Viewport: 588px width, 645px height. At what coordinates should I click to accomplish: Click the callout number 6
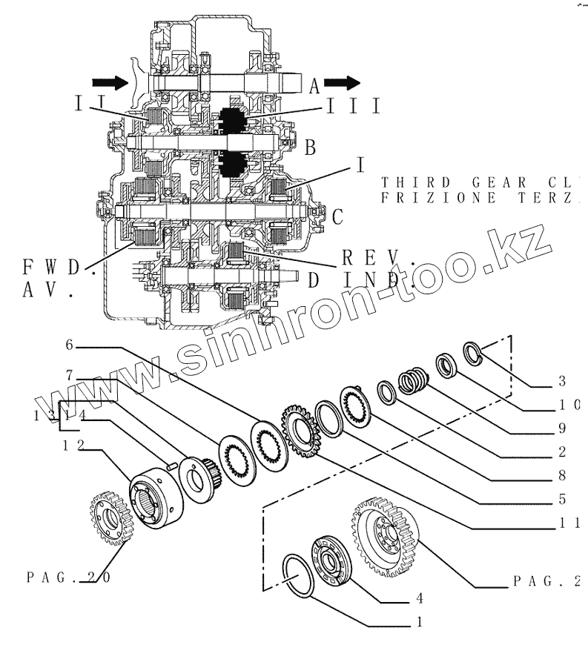click(x=69, y=345)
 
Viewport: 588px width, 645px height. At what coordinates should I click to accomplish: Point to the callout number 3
click(x=562, y=383)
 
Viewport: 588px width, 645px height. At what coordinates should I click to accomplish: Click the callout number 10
click(x=566, y=405)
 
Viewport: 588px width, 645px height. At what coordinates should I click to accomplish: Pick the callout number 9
click(x=562, y=428)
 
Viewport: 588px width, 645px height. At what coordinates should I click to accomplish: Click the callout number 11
click(x=566, y=523)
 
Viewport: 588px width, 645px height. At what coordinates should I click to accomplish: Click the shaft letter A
click(x=314, y=87)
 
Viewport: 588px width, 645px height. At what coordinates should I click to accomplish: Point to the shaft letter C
click(x=337, y=217)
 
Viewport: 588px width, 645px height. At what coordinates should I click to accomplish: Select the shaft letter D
click(x=312, y=279)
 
